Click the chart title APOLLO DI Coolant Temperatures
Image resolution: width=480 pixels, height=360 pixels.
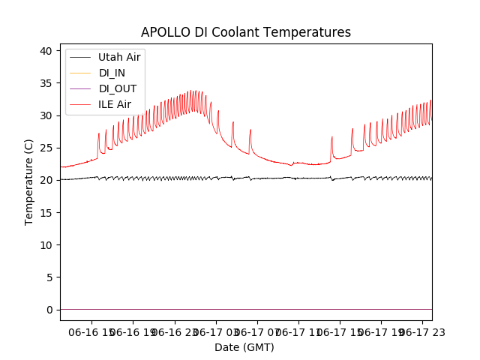coord(246,33)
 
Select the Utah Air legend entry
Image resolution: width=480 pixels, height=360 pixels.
coord(119,57)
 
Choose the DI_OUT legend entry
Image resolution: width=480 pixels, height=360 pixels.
coord(118,88)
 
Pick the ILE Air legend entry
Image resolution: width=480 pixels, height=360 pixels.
coord(115,104)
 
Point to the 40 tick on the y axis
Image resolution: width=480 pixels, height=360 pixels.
coord(46,51)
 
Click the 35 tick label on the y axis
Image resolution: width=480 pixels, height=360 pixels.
coord(46,83)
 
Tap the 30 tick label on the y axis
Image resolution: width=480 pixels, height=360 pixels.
coord(46,115)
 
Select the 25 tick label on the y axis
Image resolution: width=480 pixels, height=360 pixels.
coord(46,148)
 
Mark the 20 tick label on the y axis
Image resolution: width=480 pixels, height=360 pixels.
coord(46,181)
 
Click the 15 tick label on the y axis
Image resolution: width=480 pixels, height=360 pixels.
coord(46,213)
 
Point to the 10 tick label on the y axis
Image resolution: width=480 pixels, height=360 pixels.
coord(46,245)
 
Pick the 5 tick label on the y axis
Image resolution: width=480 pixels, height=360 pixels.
coord(49,277)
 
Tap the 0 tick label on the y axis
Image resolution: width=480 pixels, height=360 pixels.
coord(49,310)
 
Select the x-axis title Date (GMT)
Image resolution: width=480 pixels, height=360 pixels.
coord(244,347)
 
